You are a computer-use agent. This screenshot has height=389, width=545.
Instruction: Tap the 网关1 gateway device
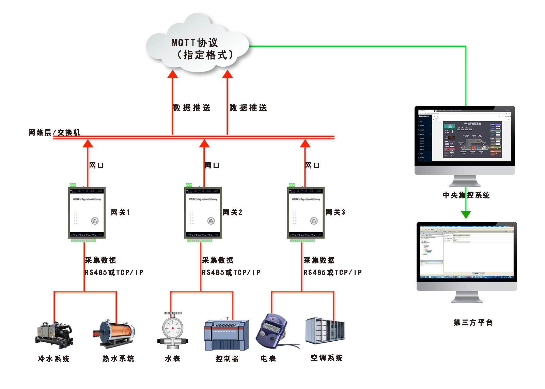pos(87,213)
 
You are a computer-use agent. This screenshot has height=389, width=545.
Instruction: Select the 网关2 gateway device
pos(203,213)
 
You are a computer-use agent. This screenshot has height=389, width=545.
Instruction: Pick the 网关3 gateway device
pos(306,213)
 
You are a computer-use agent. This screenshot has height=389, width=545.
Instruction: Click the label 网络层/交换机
pos(54,132)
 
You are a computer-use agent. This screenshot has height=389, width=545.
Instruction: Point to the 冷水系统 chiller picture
pos(54,335)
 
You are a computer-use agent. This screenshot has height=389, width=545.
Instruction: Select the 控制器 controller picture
pos(227,335)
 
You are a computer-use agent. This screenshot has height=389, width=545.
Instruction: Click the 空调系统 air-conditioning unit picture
pos(325,331)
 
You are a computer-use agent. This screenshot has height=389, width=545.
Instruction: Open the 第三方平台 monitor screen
pos(467,252)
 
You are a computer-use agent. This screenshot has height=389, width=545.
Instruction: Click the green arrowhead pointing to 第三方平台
pos(466,214)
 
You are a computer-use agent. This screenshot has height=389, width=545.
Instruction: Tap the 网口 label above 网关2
pos(212,165)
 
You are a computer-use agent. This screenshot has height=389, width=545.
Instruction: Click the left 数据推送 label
pos(192,108)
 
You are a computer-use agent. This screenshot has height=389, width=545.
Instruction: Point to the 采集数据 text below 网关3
pos(319,260)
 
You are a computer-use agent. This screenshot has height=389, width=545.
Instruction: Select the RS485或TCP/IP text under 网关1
pos(114,273)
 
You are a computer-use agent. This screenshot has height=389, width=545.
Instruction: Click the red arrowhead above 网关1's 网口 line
pos(88,144)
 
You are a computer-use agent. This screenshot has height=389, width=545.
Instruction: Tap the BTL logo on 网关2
pos(211,221)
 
